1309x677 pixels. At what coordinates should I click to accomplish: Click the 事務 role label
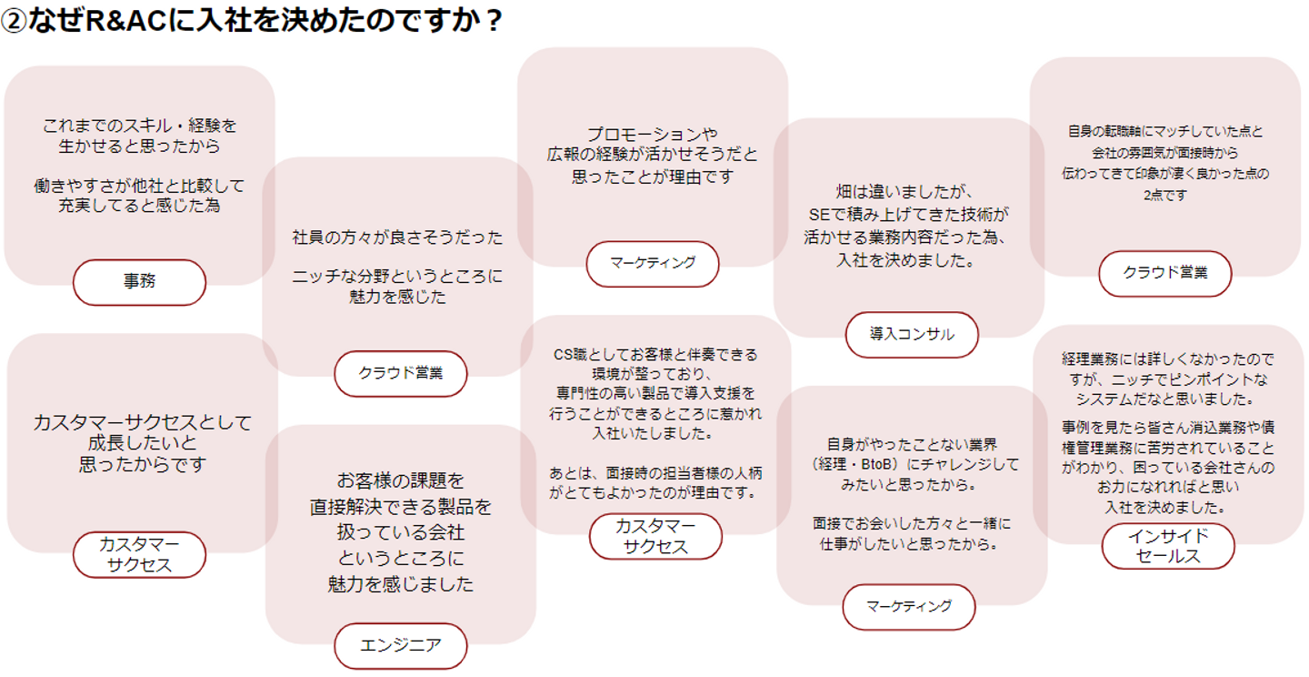139,282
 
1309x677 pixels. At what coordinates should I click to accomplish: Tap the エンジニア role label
400,646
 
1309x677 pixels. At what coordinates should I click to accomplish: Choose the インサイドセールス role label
1168,546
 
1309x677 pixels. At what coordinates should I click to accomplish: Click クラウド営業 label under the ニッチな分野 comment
400,373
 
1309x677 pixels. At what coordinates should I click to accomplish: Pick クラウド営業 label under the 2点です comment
1164,273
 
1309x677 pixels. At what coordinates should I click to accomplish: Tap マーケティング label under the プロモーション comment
652,263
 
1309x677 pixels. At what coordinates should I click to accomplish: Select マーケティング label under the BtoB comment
908,606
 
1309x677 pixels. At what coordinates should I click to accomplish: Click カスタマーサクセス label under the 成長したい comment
139,554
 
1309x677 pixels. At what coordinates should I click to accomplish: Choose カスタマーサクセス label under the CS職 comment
654,536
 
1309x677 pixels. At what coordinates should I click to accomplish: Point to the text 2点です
1164,195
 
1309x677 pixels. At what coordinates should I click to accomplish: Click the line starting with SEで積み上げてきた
908,216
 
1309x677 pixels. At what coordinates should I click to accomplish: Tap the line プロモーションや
652,135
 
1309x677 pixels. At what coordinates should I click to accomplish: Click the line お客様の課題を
400,480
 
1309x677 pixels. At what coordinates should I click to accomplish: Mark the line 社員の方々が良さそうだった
397,238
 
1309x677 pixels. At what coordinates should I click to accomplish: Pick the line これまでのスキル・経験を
139,126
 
